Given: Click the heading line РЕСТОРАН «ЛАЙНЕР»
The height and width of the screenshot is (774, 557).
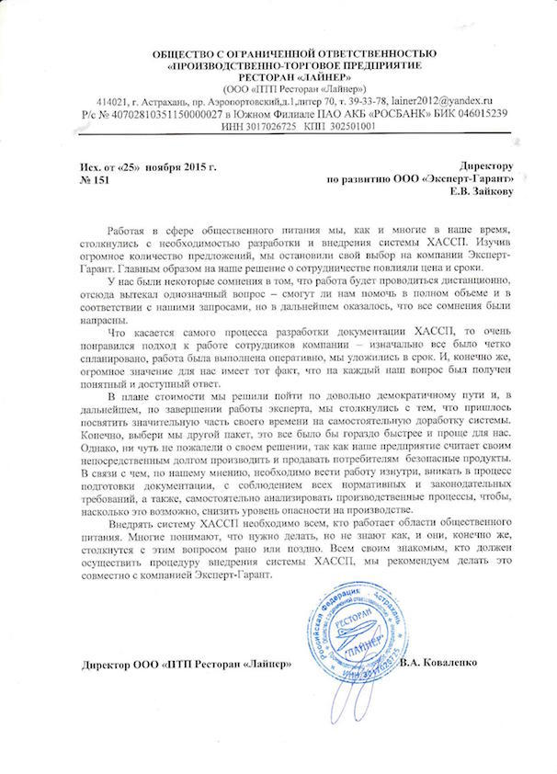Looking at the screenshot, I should coord(278,79).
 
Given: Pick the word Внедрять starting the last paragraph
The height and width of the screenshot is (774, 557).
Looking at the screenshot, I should coord(131,521).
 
